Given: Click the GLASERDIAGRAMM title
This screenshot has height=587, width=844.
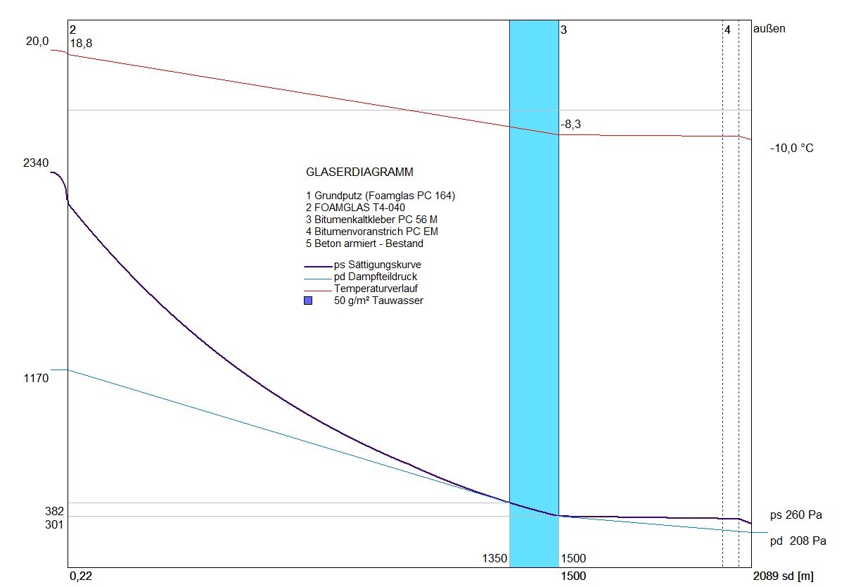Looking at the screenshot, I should click(359, 172).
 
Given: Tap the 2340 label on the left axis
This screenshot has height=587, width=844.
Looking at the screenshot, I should click(35, 163).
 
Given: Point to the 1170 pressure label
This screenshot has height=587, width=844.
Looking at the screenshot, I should click(35, 379).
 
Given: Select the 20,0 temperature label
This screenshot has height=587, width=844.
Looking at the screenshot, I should click(37, 42).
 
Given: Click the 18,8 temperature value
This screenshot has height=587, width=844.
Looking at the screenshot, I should click(81, 44).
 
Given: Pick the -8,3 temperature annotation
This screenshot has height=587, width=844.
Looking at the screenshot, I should click(571, 125).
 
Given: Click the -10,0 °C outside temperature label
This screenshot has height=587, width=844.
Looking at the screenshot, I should click(791, 149).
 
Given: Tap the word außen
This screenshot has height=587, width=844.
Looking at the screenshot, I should click(769, 30).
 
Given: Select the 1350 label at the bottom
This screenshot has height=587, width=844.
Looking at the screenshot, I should click(494, 559).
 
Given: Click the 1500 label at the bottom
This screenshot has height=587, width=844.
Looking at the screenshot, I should click(574, 559).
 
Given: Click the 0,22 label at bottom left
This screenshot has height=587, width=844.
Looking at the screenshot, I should click(81, 576).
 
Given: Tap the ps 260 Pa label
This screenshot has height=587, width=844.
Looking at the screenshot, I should click(795, 515).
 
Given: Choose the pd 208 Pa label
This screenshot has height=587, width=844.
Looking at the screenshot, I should click(798, 541).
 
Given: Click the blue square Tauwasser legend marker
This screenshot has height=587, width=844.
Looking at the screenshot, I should click(308, 301).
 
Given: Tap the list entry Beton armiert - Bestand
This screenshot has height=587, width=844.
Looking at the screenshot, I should click(364, 244).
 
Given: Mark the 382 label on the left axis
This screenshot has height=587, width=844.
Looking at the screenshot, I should click(35, 511).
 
